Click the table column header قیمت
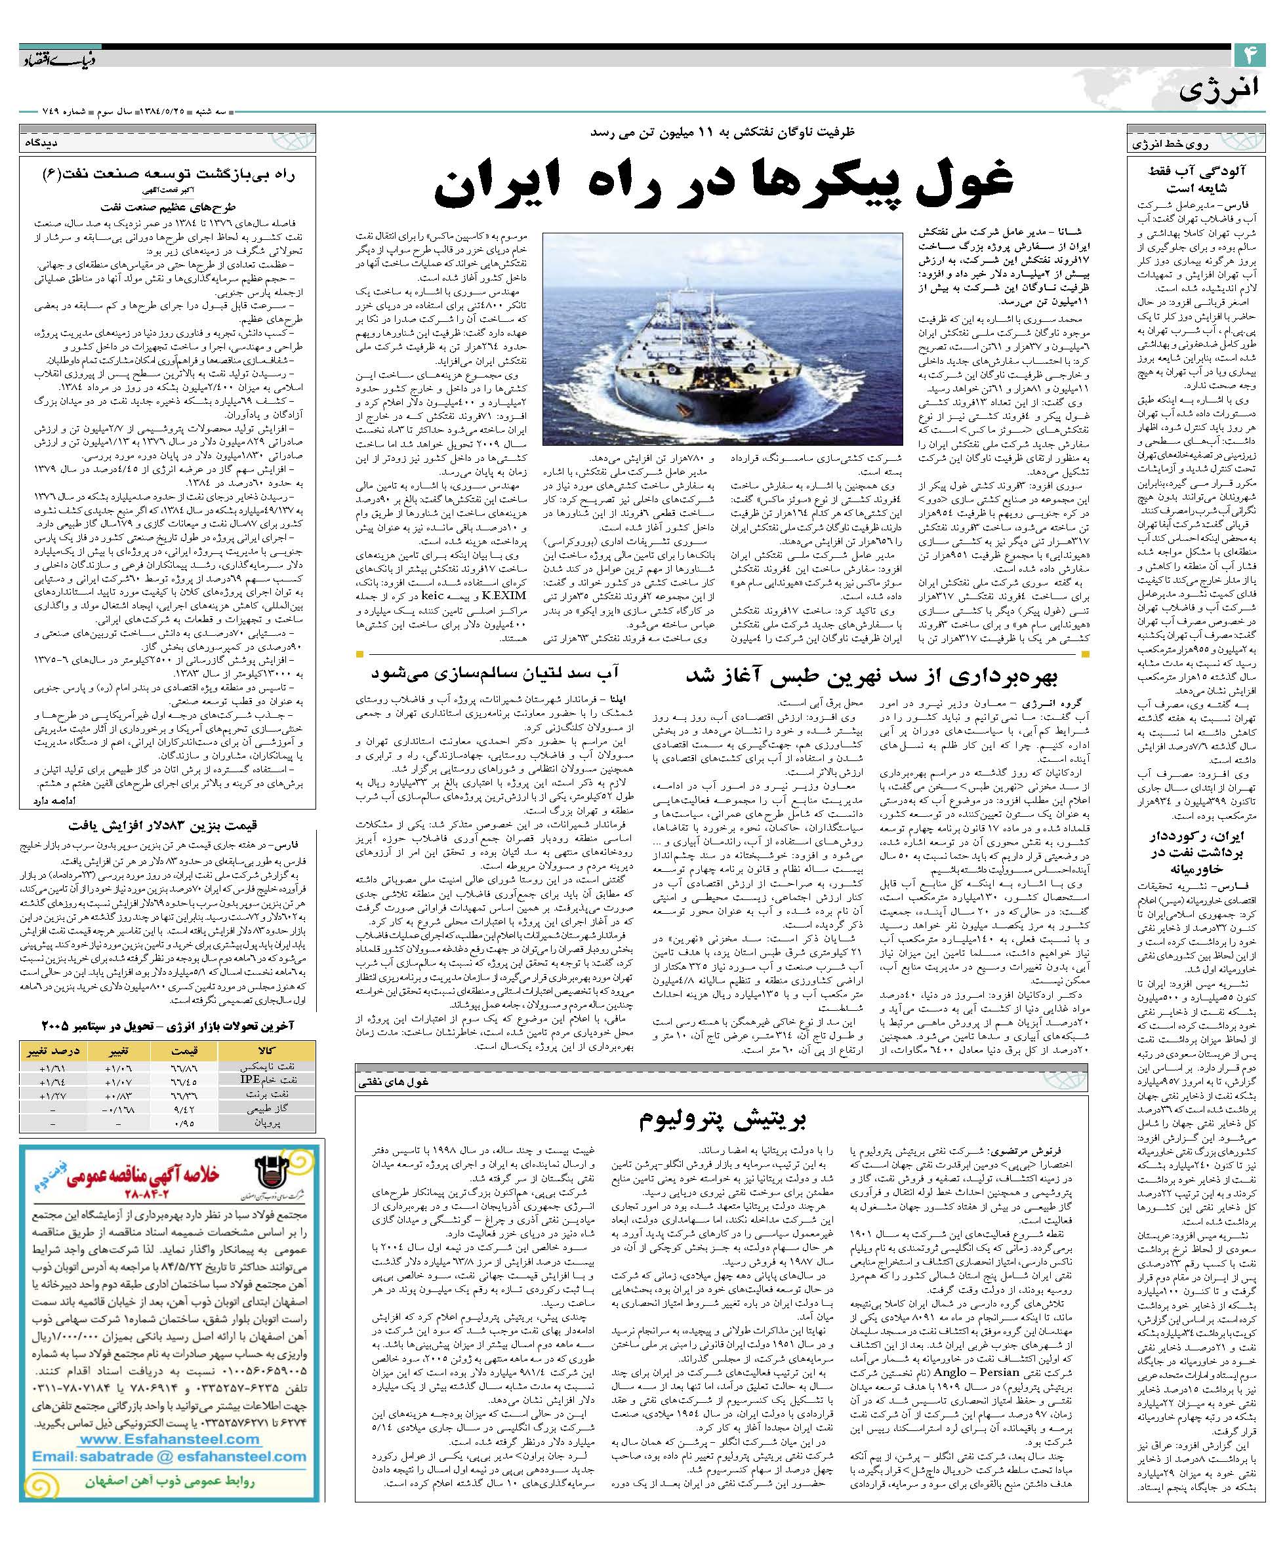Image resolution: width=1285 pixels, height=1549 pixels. [180, 1049]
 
